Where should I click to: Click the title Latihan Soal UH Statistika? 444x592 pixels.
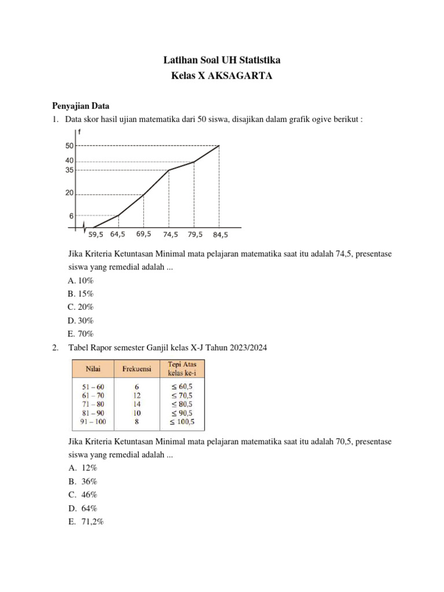[x=222, y=60]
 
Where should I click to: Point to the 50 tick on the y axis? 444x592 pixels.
[x=69, y=146]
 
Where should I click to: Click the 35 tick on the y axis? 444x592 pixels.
[x=69, y=170]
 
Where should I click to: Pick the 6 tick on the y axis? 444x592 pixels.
[x=71, y=216]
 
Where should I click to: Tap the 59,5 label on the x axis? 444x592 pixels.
[x=97, y=235]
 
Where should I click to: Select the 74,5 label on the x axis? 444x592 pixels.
[x=170, y=235]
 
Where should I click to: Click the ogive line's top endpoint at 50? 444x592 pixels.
[x=219, y=146]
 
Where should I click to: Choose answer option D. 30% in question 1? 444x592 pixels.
[x=80, y=320]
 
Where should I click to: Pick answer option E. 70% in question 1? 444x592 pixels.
[x=80, y=334]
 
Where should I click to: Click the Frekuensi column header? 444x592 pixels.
[x=136, y=368]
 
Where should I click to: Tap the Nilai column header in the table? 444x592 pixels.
[x=93, y=368]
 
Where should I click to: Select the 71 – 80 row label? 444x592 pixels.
[x=92, y=404]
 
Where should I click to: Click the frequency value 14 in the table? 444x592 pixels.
[x=136, y=404]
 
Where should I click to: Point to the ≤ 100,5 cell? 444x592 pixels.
[x=182, y=422]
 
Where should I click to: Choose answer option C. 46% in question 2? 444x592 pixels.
[x=82, y=495]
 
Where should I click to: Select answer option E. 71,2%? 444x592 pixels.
[x=86, y=521]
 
